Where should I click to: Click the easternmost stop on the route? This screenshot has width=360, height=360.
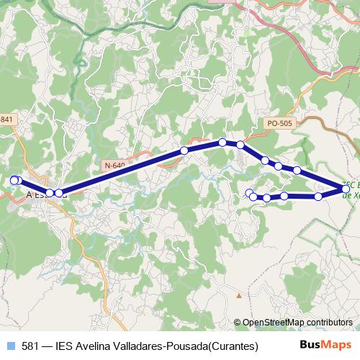pos(346,189)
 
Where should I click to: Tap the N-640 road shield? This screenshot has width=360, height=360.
pos(114,165)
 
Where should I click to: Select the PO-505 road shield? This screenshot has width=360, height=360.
pos(279,124)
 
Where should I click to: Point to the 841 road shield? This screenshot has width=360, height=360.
pos(6,119)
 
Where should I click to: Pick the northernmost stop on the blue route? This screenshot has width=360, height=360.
pos(222,142)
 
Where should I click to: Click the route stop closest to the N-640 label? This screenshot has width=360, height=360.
pos(184,150)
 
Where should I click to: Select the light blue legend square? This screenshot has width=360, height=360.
pos(10,346)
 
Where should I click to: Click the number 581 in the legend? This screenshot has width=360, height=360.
pos(30,346)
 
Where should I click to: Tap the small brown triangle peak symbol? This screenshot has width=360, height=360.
pos(237,295)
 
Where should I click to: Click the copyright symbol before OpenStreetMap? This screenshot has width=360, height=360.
pos(238,322)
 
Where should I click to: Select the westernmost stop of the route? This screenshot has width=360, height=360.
pos(14,180)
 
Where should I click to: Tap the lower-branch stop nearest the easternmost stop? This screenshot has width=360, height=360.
pos(318,196)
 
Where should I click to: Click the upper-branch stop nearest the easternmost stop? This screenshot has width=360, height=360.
pos(297,171)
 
